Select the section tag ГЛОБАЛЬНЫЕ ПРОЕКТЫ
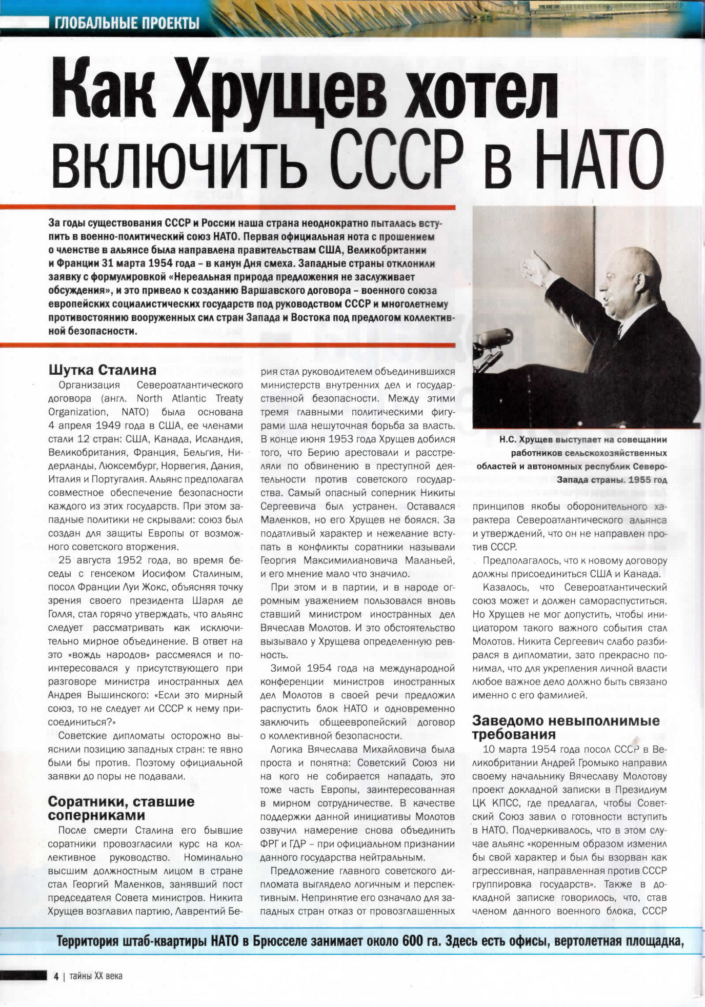pos(127,23)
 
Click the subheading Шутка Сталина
pos(102,370)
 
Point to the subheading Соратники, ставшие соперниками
pos(122,809)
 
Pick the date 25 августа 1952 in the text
pos(100,560)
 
